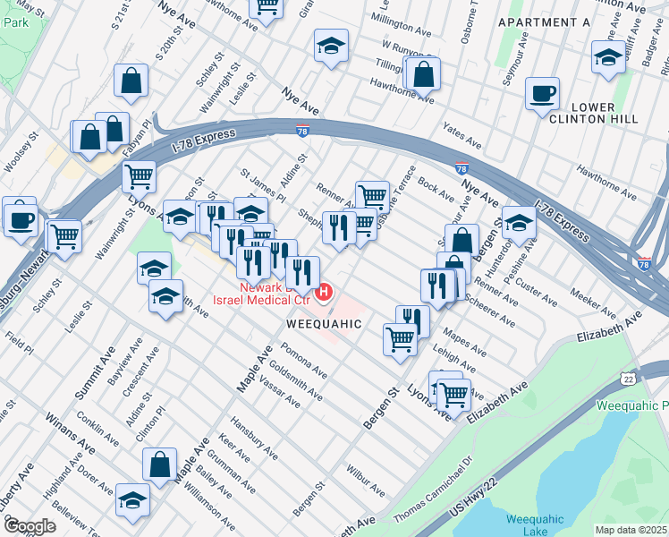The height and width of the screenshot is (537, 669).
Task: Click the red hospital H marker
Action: click(x=325, y=292)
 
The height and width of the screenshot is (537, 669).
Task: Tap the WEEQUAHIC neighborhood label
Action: click(x=323, y=323)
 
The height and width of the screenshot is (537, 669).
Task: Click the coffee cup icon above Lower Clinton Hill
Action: click(x=541, y=94)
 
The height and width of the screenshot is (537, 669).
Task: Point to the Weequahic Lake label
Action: click(x=534, y=524)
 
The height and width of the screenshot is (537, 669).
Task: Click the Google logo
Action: click(x=30, y=525)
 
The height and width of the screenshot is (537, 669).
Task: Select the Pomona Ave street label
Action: click(x=304, y=361)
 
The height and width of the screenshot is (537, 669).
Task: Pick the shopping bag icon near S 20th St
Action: click(x=131, y=81)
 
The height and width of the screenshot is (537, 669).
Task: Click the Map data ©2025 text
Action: click(x=630, y=530)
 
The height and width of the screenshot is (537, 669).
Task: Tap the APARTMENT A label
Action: click(x=544, y=21)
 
